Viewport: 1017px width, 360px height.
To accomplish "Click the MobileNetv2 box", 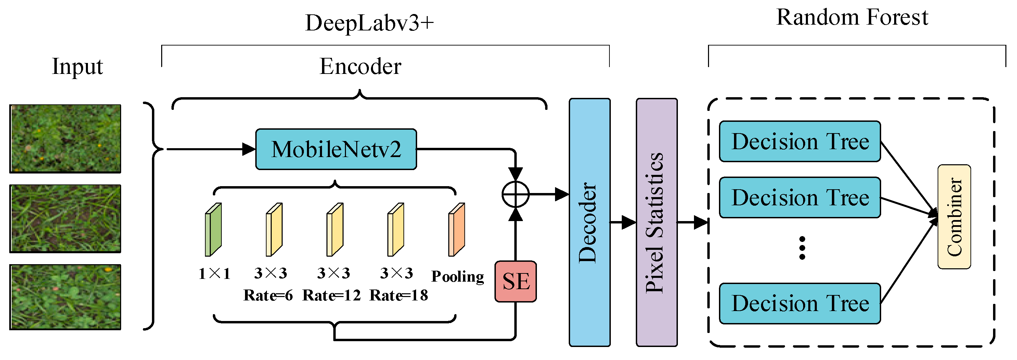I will [336, 149].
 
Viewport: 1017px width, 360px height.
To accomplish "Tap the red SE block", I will [515, 281].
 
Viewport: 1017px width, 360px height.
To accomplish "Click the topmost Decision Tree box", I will [799, 141].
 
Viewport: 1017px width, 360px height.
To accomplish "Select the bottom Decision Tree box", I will [799, 303].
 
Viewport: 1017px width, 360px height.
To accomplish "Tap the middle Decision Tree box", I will [799, 197].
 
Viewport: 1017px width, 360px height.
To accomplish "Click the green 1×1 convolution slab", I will [214, 230].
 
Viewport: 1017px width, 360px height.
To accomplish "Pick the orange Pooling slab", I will [456, 230].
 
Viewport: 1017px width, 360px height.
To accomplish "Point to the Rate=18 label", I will [398, 295].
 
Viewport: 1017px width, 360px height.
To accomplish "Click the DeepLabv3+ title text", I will [369, 23].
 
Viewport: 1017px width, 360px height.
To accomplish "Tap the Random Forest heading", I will [852, 17].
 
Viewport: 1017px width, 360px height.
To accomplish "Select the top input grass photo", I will [65, 139].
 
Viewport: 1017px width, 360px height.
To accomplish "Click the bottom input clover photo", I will [65, 297].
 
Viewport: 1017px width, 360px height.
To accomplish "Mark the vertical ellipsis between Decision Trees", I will [802, 248].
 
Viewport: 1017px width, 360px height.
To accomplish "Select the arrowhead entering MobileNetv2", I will [249, 149].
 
